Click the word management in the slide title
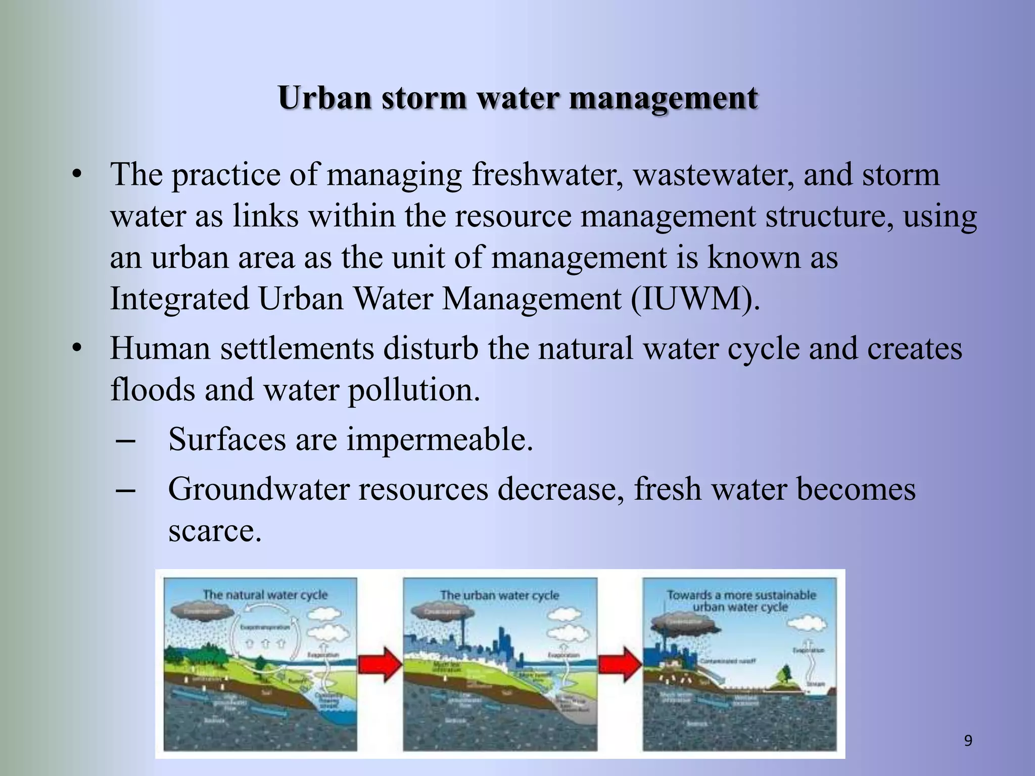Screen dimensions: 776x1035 [x=663, y=98]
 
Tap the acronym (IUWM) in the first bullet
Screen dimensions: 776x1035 [x=695, y=299]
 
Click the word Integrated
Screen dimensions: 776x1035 [x=179, y=299]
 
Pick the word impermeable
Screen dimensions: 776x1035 [x=439, y=439]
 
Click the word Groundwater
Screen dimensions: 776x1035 [x=259, y=489]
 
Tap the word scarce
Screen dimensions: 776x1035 [x=215, y=530]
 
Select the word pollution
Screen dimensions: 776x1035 [x=413, y=390]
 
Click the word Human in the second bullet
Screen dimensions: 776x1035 [x=160, y=349]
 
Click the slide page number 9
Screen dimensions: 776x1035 [x=968, y=741]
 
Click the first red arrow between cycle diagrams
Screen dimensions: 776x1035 [x=380, y=664]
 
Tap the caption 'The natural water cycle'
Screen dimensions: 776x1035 [x=265, y=595]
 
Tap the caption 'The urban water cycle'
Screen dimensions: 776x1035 [x=499, y=595]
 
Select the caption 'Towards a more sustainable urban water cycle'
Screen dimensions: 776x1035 [x=741, y=601]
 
